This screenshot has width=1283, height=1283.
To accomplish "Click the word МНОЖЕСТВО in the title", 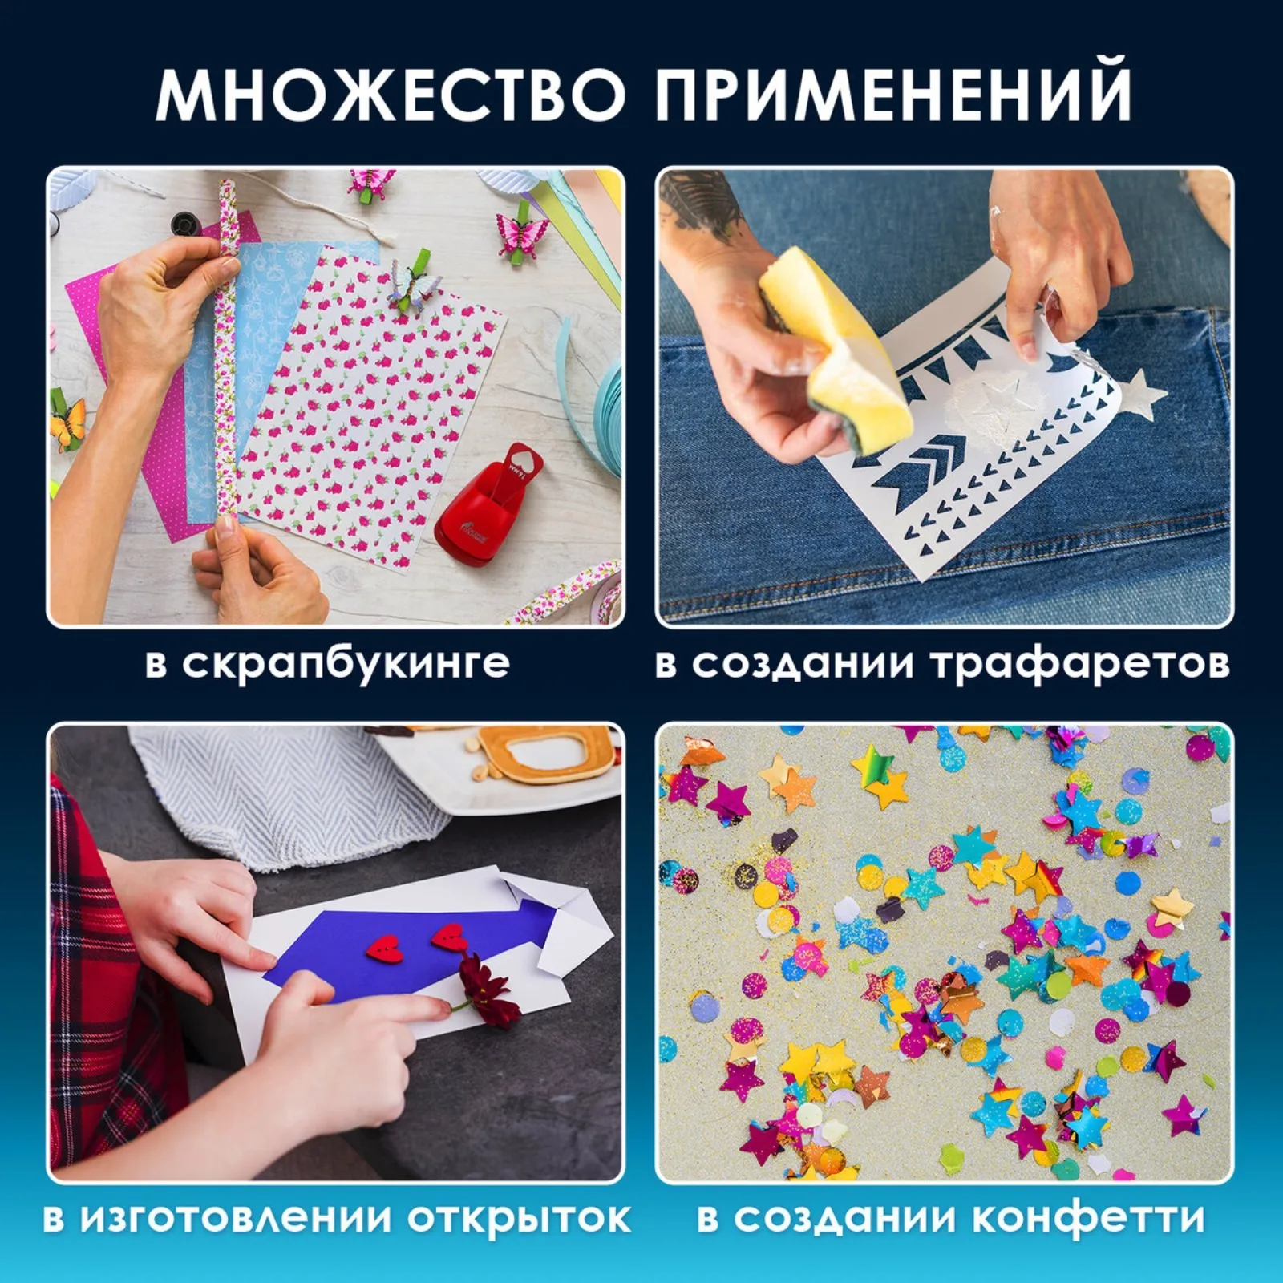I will point(391,95).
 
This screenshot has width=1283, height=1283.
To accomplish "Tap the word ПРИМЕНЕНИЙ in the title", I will point(892,95).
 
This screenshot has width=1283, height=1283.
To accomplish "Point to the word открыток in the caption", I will point(518,1218).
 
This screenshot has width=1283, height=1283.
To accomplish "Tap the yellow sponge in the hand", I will point(834,345).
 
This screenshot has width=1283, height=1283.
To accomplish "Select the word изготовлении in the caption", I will point(241,1218).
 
